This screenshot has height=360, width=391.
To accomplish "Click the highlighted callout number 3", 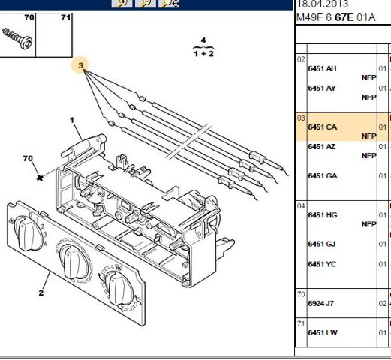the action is point(80,65).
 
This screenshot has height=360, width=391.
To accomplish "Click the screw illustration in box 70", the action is point(17,39).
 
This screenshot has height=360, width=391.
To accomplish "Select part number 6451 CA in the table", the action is point(323,127).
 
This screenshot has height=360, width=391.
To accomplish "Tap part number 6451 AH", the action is point(322,68).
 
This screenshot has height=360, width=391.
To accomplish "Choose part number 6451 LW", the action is point(323,333).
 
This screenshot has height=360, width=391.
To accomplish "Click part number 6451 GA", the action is point(323,176).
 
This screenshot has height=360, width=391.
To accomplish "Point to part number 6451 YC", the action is point(322,264).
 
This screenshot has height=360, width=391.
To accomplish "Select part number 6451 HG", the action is point(323,215).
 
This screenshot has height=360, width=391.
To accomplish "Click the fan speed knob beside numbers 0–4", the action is point(28,233).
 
